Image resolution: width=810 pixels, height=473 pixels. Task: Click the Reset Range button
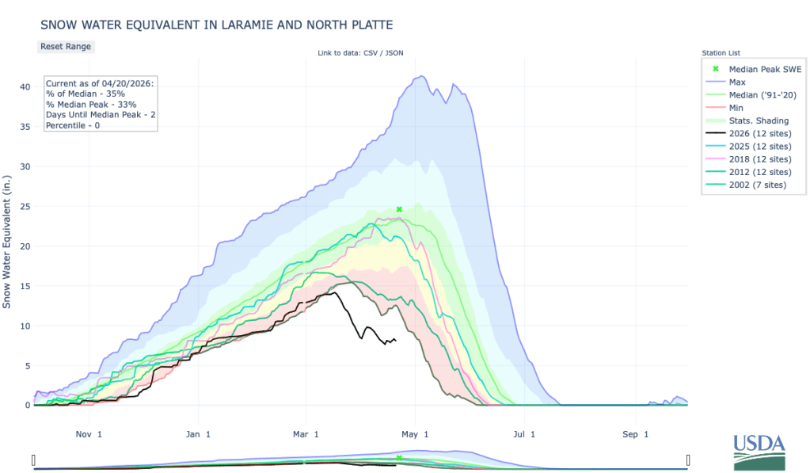pos(66,46)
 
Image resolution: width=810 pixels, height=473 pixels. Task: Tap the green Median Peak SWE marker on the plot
pos(400,209)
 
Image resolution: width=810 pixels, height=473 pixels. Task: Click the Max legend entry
pos(736,82)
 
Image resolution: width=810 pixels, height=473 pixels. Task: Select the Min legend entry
pos(736,107)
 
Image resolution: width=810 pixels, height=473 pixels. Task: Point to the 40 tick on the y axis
pos(25,86)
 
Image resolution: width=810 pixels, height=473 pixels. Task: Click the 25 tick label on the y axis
pos(25,206)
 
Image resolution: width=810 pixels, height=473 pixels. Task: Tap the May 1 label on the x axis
pos(415,434)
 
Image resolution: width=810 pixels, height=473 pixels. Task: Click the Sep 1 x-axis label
pos(634,434)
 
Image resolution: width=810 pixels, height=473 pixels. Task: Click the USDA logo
pos(758,452)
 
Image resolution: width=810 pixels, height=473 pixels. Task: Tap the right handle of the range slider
pos(688,460)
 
